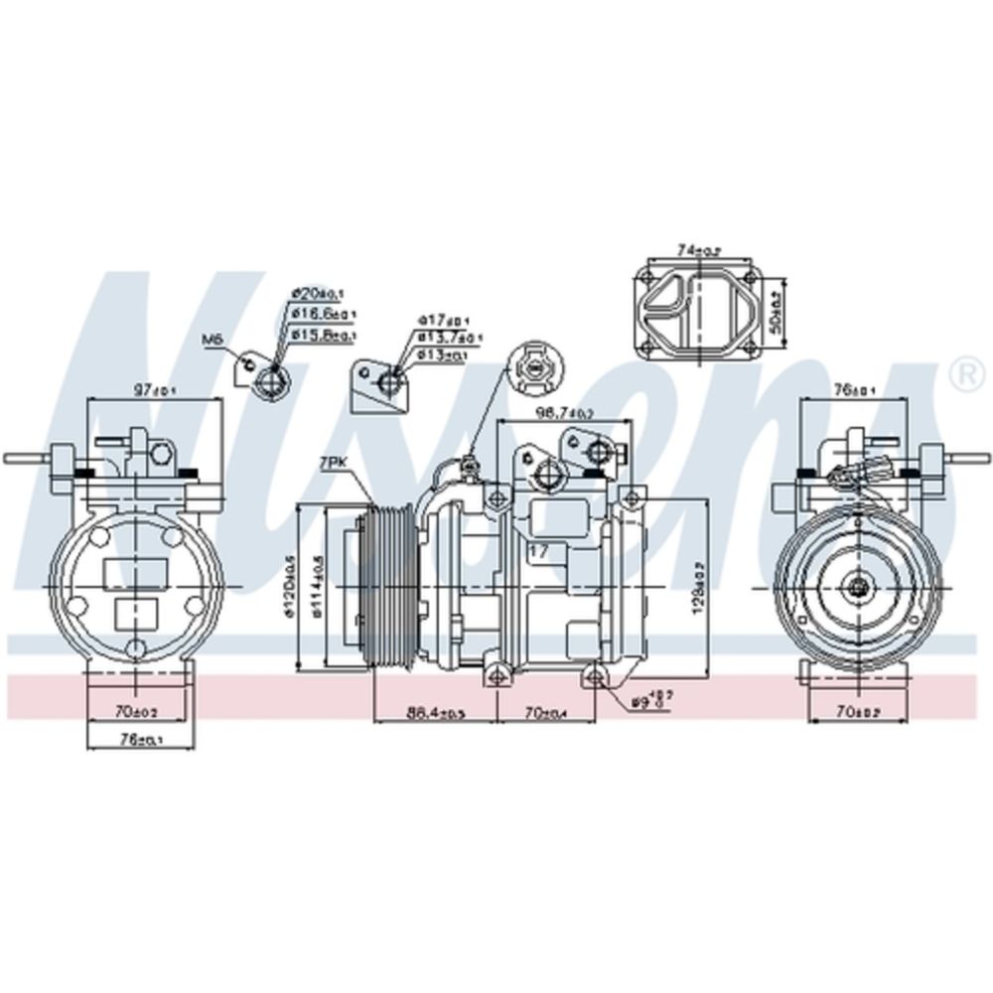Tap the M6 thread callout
(213, 340)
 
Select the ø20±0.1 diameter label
(317, 294)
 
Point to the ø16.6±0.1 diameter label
(324, 314)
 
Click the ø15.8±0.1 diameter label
(324, 335)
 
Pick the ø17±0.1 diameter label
(443, 320)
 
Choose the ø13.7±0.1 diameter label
(449, 338)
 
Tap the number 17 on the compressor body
(539, 549)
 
